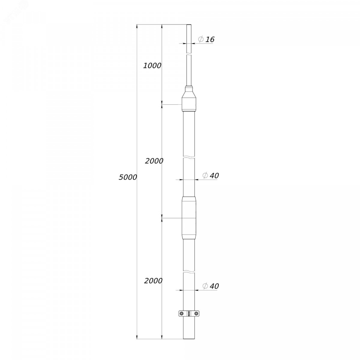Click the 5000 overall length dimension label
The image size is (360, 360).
tap(128, 177)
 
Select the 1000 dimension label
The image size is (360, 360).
tap(152, 66)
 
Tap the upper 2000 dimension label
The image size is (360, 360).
tap(154, 161)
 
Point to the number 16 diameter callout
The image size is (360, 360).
tap(210, 39)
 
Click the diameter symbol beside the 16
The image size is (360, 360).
tap(201, 39)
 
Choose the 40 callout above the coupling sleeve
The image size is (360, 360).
tap(214, 175)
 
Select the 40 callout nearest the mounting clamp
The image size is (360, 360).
tap(214, 286)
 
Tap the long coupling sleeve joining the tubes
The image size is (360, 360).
tap(189, 218)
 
